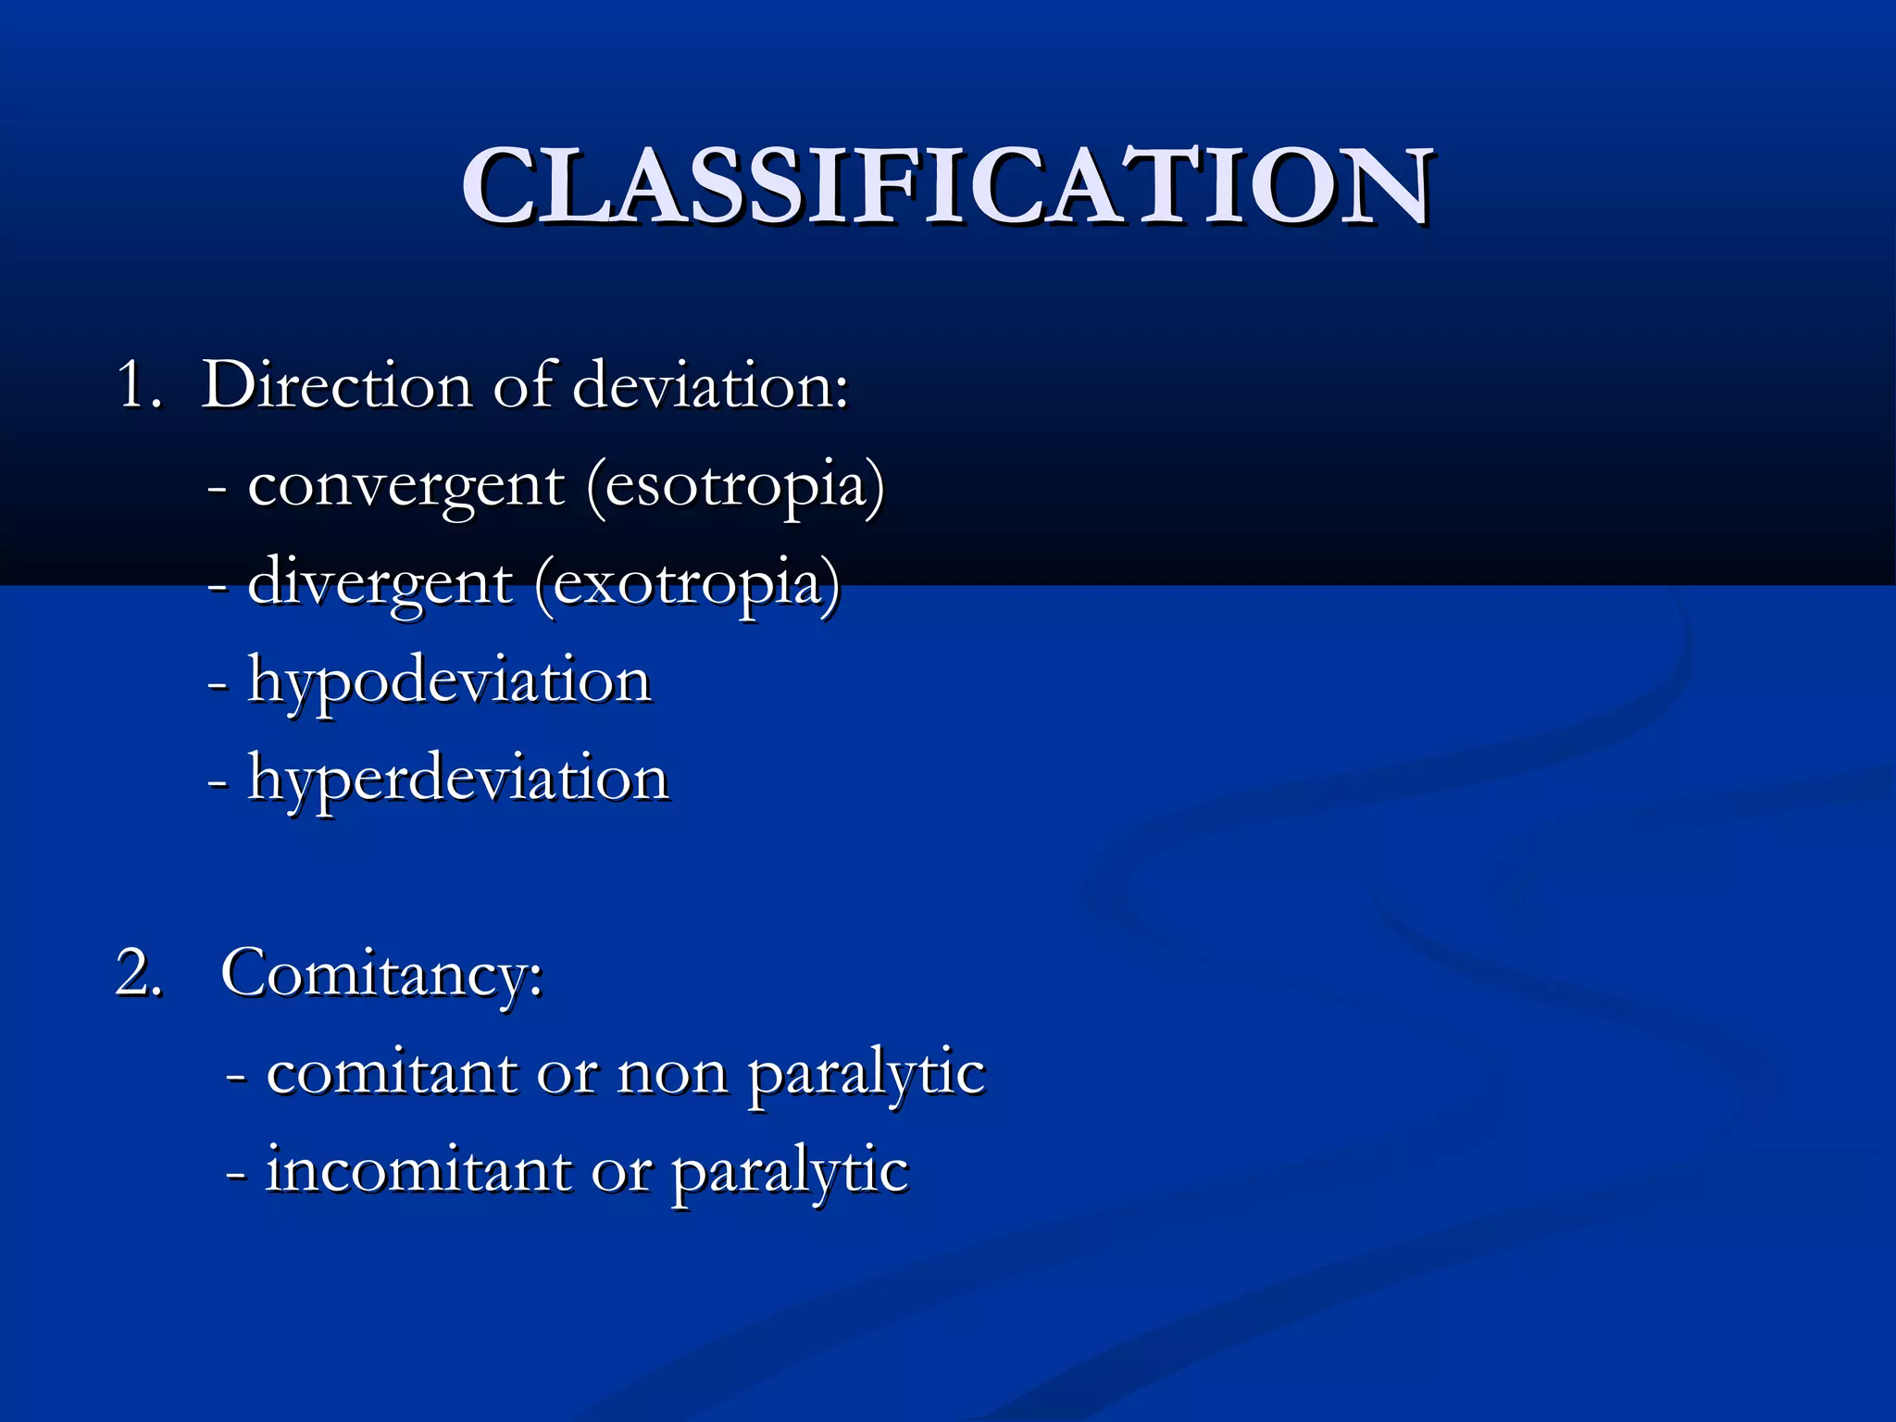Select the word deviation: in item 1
710,384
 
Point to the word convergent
405,486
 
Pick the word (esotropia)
736,486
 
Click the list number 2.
139,974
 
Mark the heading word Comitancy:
381,974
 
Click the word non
672,1074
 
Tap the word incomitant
418,1171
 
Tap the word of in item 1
523,384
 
